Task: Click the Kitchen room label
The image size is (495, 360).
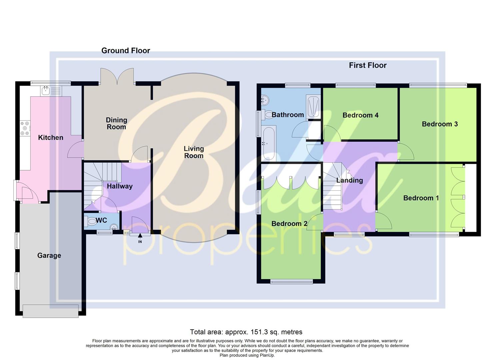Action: tap(51, 137)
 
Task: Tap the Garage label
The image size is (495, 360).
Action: tap(49, 255)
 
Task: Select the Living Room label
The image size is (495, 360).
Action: tap(194, 152)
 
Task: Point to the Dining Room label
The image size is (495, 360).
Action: tap(116, 123)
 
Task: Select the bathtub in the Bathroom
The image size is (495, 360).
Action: tap(268, 144)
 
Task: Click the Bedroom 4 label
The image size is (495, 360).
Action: tap(360, 115)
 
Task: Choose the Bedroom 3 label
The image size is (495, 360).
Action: tap(440, 124)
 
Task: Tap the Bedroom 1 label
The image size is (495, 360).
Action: tap(421, 198)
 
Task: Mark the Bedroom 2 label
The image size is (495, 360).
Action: tap(289, 224)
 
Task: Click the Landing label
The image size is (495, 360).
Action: tap(349, 180)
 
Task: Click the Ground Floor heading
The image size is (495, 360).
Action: tap(126, 51)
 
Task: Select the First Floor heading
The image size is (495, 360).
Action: tap(368, 65)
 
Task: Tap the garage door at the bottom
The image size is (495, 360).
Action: tap(51, 311)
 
